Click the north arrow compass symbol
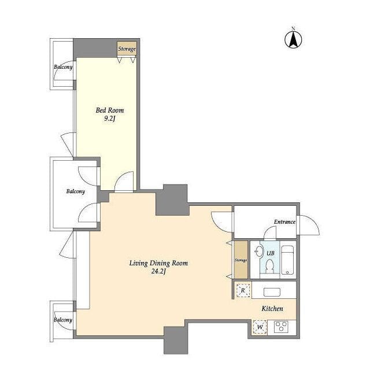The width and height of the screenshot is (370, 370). click(293, 39)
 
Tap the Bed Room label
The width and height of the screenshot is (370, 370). click(110, 110)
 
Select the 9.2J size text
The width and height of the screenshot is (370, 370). click(110, 119)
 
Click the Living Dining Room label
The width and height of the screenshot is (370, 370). click(158, 263)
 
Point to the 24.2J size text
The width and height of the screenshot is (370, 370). click(158, 271)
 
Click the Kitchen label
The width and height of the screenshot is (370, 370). click(272, 308)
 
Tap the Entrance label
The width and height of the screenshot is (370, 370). click(284, 222)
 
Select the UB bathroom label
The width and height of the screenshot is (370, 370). click(271, 253)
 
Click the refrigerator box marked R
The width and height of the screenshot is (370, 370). click(243, 290)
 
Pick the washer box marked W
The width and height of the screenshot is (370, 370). click(260, 327)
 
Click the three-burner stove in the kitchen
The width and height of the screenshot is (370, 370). click(281, 327)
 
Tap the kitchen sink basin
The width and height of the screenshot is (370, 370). click(272, 292)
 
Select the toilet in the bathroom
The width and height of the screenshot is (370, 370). click(269, 266)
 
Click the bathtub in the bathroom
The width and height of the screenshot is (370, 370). click(288, 260)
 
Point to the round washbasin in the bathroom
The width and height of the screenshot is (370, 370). click(260, 251)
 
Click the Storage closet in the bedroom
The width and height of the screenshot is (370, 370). click(127, 49)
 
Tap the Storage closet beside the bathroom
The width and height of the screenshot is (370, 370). click(240, 260)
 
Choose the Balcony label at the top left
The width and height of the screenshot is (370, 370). click(63, 67)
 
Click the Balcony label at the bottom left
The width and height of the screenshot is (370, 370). click(63, 320)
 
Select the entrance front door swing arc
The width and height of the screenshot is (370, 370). click(313, 221)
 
